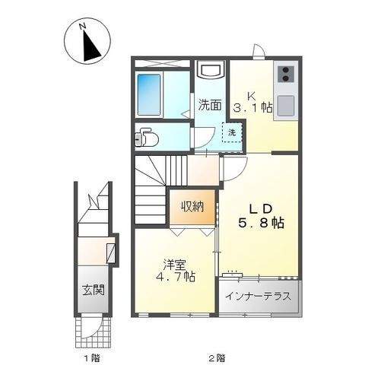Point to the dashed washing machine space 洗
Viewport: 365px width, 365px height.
pyautogui.click(x=230, y=132)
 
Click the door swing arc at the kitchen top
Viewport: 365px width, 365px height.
pyautogui.click(x=259, y=52)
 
